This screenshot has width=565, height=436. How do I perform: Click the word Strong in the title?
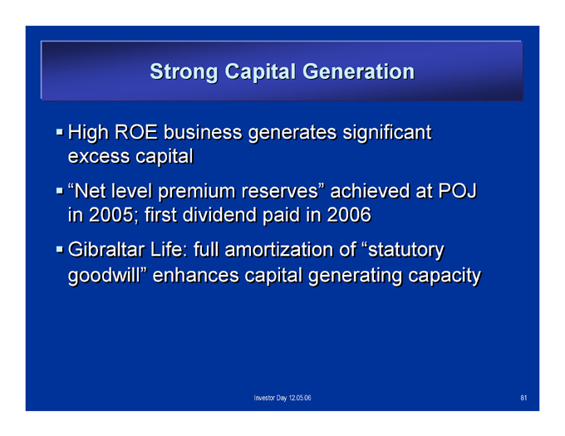(184, 72)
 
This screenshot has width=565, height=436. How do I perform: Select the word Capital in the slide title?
(260, 72)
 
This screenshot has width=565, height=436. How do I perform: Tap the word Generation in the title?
(359, 71)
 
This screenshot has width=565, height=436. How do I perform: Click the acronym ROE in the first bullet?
(136, 132)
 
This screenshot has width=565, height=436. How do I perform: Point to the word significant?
(387, 133)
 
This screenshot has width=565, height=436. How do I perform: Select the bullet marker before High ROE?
(60, 131)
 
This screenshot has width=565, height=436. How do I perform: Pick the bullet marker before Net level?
(60, 190)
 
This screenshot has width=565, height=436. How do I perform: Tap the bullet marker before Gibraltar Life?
(60, 249)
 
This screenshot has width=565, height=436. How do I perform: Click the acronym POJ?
(458, 191)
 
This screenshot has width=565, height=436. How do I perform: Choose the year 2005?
(111, 215)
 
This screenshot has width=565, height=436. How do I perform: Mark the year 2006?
(349, 215)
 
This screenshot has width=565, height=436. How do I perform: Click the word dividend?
(220, 215)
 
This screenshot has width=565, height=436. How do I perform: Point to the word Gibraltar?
(106, 249)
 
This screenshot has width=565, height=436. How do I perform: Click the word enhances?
(195, 276)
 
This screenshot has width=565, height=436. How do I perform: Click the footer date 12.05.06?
(300, 398)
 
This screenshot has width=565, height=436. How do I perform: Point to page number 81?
(523, 398)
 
